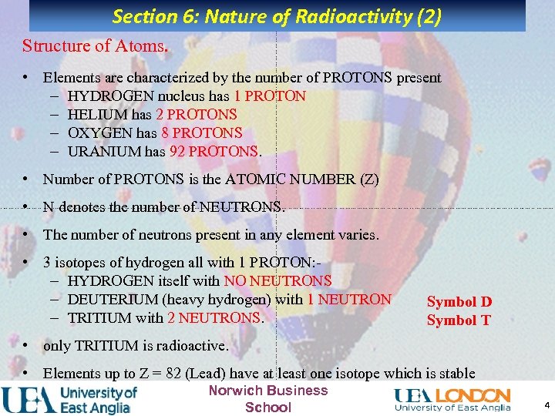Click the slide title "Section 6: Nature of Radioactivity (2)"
(277, 16)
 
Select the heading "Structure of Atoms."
(95, 46)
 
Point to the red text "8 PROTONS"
(202, 133)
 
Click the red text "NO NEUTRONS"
(277, 281)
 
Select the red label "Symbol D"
(459, 302)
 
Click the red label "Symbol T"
(459, 320)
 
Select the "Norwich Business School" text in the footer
(268, 399)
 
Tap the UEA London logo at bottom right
(452, 398)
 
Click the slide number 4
(547, 404)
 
